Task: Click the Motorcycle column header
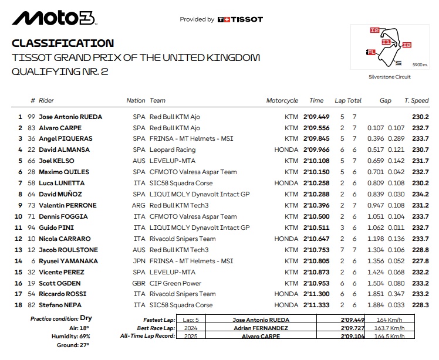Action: tap(282, 101)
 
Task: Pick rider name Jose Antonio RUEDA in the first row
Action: tap(70, 117)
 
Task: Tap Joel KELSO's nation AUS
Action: tap(139, 161)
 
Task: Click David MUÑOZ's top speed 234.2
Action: tap(420, 195)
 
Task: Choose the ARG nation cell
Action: tap(139, 206)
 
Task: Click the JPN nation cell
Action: tap(139, 261)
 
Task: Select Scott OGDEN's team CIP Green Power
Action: tap(175, 283)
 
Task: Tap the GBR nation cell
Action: tap(139, 283)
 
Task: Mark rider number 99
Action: tap(33, 117)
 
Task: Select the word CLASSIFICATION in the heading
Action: tap(63, 43)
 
